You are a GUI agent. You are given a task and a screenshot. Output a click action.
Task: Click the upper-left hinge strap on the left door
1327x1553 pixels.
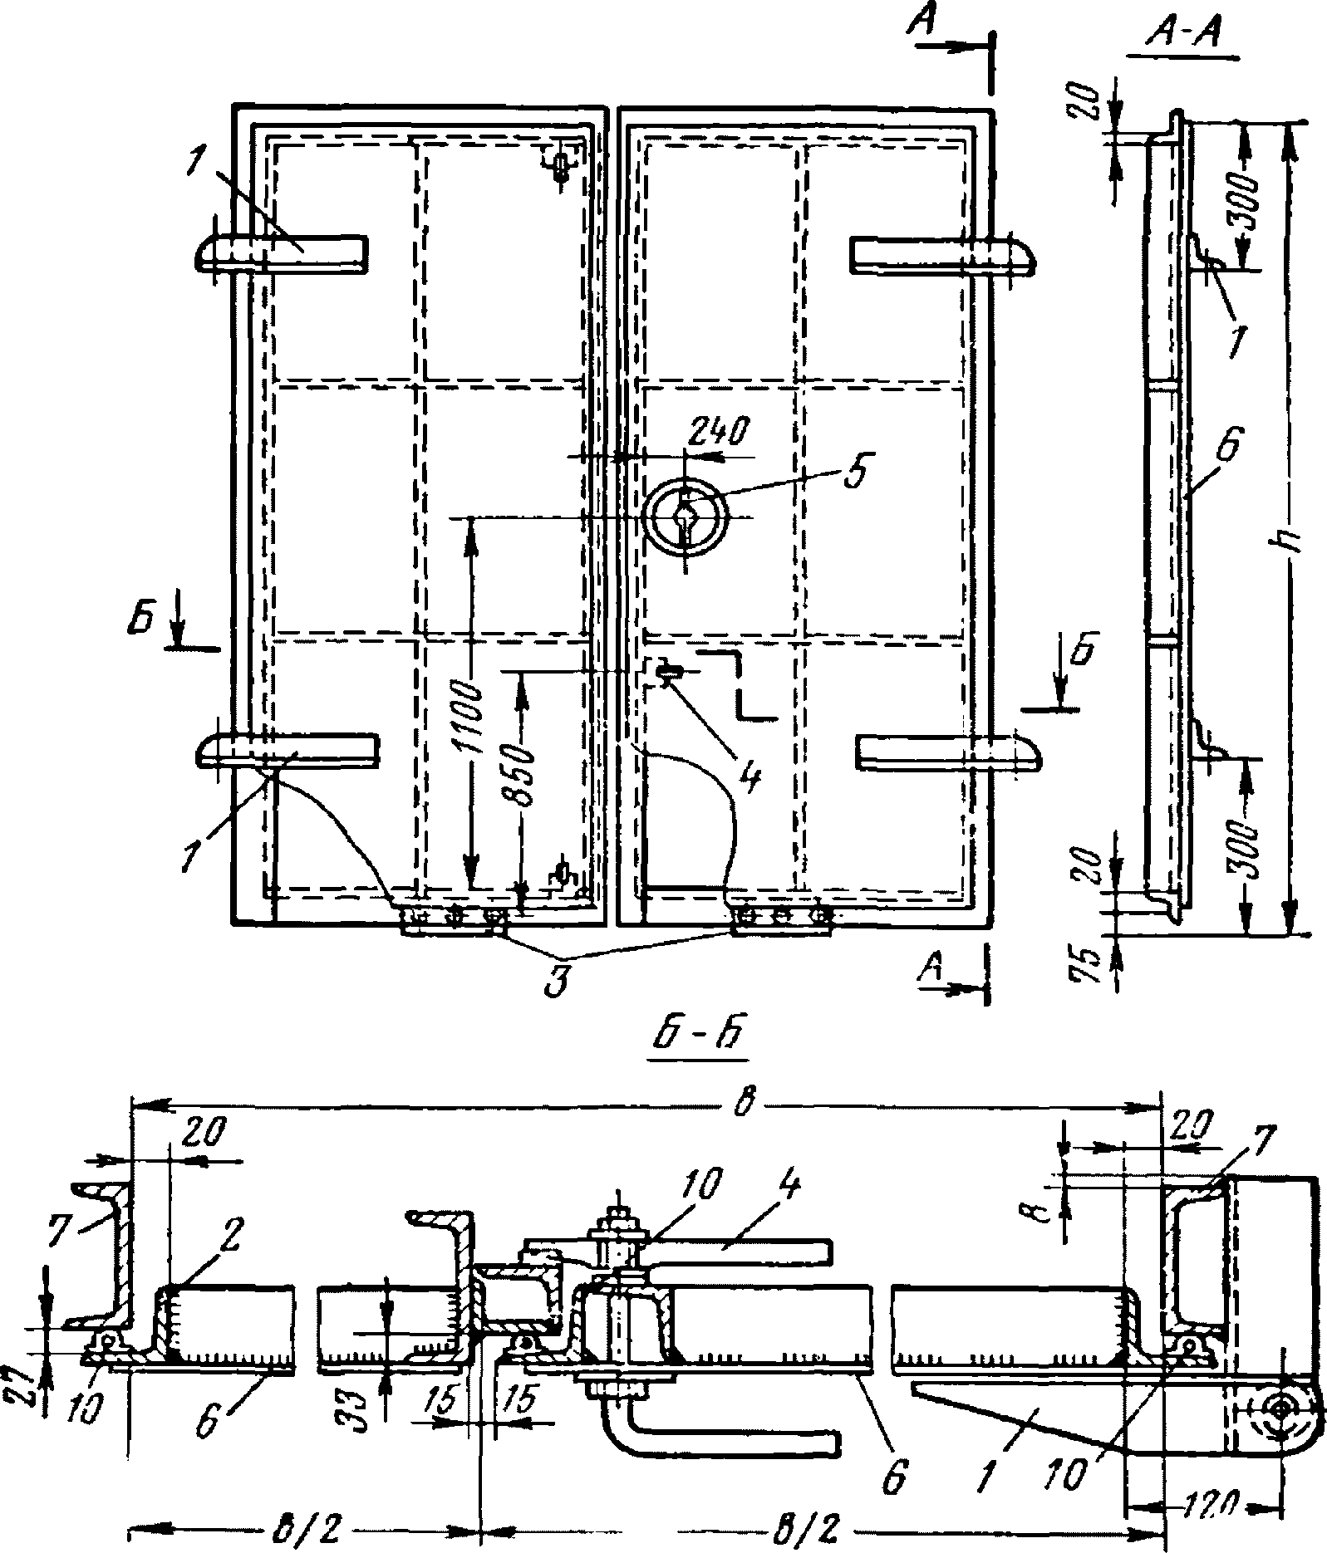[x=283, y=252]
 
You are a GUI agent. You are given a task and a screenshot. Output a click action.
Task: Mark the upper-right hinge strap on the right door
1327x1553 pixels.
[x=943, y=253]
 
